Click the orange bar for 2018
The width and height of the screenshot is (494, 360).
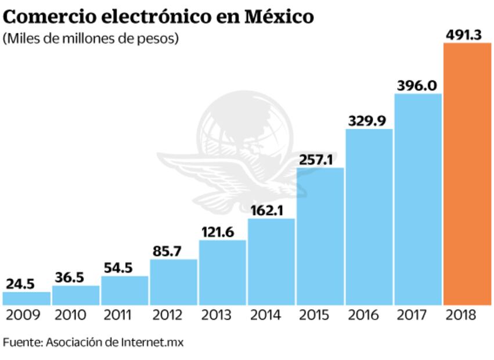[x=467, y=174]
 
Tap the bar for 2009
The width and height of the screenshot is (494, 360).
[x=26, y=298]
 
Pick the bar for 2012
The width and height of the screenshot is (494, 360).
[x=173, y=282]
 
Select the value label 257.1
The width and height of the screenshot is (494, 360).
[x=317, y=159]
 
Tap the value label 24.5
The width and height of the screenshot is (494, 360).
[x=21, y=283]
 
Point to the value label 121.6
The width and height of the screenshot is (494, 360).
[x=218, y=232]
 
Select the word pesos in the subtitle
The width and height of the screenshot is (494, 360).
[x=158, y=39]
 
